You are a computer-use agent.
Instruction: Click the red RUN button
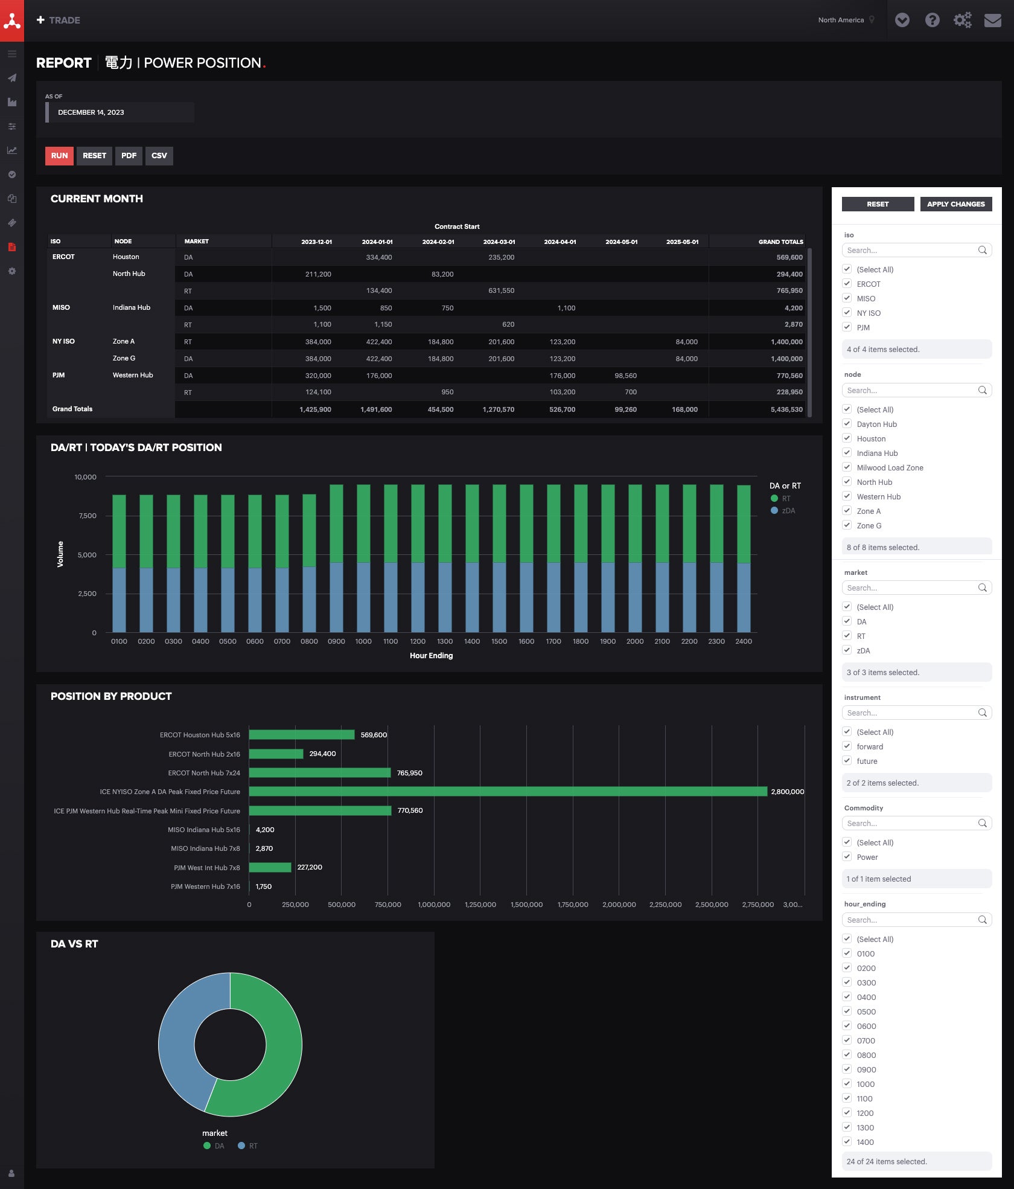coord(59,156)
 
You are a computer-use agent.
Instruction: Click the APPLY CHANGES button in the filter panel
coord(955,204)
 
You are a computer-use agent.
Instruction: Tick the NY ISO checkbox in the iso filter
coord(847,313)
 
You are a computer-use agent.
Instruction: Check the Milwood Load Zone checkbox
coord(847,467)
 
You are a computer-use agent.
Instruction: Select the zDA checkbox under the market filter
coord(847,650)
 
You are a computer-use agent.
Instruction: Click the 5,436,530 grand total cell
coord(786,409)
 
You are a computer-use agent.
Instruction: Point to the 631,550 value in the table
coord(501,290)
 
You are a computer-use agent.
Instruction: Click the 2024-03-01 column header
coord(499,242)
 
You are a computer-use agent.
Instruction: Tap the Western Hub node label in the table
coord(133,375)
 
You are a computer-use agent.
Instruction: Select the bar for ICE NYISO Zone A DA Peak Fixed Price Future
coord(507,792)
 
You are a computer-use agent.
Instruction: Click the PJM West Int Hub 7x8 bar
coord(270,868)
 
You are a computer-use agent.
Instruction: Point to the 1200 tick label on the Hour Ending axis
coord(418,641)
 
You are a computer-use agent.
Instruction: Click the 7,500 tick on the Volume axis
coord(88,516)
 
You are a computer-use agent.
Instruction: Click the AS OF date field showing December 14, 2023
coord(121,112)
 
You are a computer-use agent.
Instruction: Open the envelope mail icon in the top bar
coord(992,21)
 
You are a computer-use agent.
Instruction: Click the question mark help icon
coord(932,21)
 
